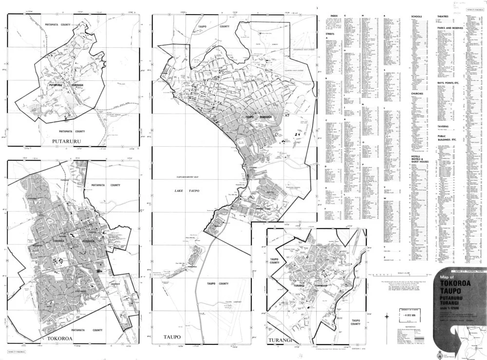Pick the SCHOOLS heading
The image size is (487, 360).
click(417, 16)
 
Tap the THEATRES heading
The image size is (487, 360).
click(442, 16)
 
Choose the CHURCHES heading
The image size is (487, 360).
click(417, 93)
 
